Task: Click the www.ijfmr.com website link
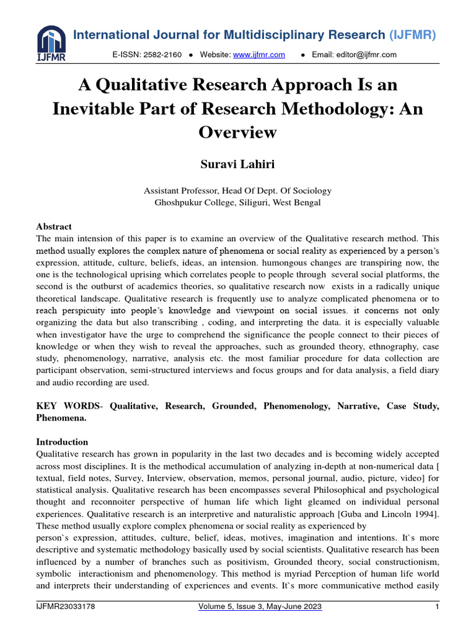(258, 55)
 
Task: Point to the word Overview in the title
(237, 131)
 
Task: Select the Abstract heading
(54, 226)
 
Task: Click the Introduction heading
(62, 442)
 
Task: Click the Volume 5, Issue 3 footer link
(260, 607)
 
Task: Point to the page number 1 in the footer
(437, 607)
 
